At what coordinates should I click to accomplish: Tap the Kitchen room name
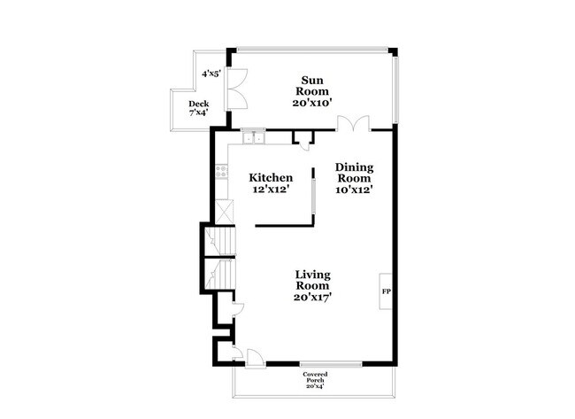270,177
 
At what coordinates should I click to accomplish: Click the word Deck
198,105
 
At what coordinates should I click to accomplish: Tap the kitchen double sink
254,136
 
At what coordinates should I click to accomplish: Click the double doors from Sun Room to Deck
234,89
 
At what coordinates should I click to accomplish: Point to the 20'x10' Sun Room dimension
311,103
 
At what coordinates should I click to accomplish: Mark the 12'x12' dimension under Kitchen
270,189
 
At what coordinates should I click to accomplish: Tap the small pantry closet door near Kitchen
303,140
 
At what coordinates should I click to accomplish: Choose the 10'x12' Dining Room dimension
354,189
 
